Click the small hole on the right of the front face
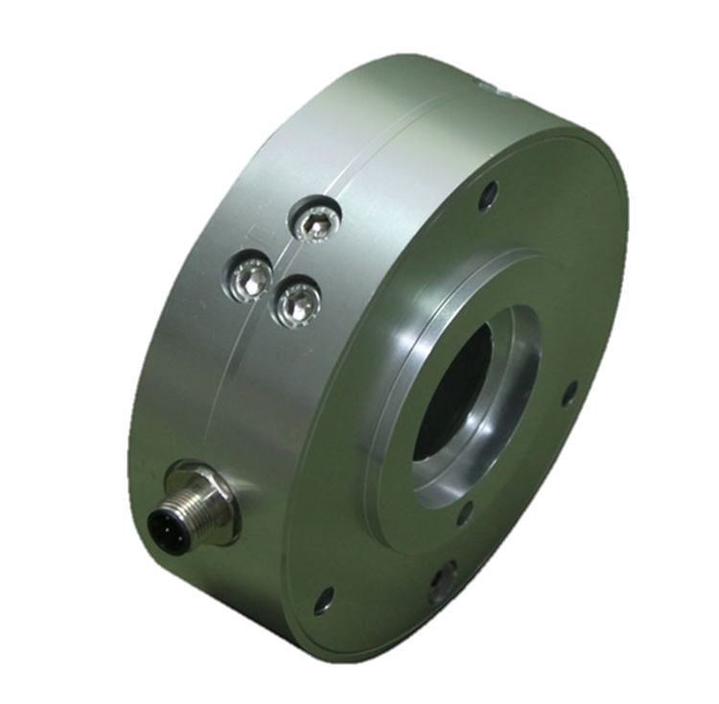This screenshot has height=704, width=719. pyautogui.click(x=572, y=390)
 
